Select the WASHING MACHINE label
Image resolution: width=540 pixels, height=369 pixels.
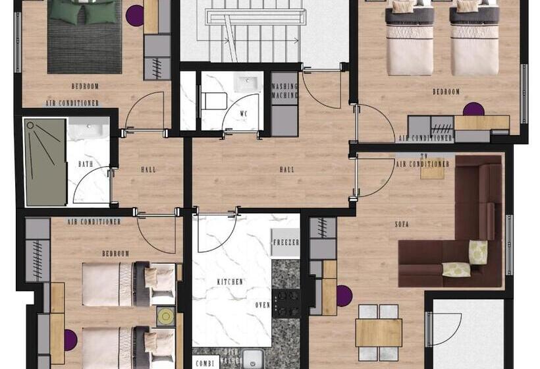point(284,90)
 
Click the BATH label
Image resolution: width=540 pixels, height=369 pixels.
point(85,164)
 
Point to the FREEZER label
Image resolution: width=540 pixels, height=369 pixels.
point(286,242)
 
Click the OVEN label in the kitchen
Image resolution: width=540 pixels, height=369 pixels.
point(263,305)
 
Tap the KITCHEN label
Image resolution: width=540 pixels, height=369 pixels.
point(230,281)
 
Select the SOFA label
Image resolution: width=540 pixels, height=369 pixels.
point(402,225)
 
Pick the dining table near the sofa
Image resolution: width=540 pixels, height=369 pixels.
point(379,332)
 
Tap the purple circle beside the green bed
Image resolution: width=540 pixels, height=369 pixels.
point(135,15)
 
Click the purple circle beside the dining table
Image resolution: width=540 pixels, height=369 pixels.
point(344,296)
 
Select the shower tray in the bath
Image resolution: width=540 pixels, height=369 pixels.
point(44,162)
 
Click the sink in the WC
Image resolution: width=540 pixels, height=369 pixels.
point(248,85)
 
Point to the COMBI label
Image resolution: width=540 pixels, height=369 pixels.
point(203,362)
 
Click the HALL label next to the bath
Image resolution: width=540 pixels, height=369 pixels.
point(149,169)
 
